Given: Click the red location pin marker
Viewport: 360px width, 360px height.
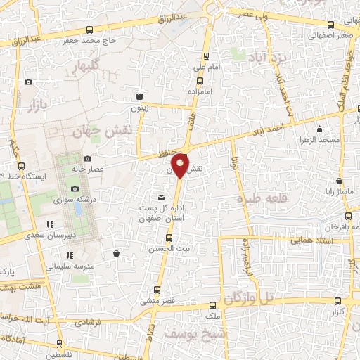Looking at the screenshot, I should [181, 166].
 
